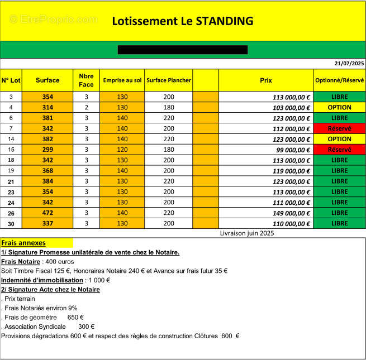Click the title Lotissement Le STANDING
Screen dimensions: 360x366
coord(183,21)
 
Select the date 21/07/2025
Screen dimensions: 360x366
coord(349,63)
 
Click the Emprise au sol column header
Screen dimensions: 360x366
coord(122,80)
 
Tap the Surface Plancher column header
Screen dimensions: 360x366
coord(168,80)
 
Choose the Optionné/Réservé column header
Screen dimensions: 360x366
coord(339,80)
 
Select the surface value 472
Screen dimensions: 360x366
coord(47,213)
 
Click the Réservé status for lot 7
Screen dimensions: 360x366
coord(339,128)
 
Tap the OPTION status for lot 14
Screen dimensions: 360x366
coord(339,139)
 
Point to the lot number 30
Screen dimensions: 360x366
coord(11,223)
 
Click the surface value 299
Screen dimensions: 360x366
coord(47,150)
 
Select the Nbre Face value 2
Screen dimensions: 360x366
coord(87,107)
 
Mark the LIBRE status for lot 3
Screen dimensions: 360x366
coord(339,97)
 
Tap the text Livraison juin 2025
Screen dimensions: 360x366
coord(246,233)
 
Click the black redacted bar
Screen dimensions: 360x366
coord(183,50)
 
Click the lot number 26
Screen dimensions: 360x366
coord(11,213)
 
